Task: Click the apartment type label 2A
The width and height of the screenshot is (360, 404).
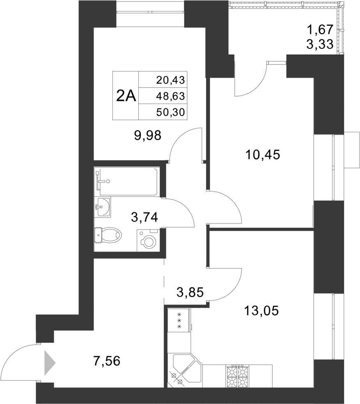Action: point(126,96)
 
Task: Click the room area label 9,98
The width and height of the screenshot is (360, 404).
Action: point(147,135)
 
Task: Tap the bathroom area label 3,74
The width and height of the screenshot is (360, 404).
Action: point(144,217)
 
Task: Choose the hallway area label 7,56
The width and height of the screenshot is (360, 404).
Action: point(107,361)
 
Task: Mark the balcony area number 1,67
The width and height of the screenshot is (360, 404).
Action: point(319,30)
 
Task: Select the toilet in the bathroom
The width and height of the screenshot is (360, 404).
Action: point(109,235)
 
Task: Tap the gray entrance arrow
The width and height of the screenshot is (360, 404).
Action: point(49,363)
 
